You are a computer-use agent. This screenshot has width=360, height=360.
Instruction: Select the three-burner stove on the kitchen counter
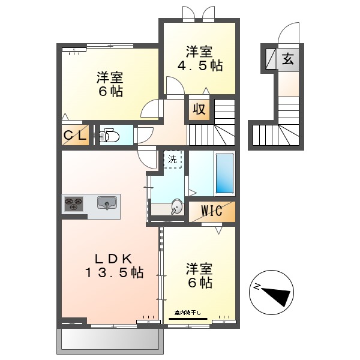pos(73,204)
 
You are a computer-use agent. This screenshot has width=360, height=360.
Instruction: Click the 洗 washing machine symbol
pos(173,160)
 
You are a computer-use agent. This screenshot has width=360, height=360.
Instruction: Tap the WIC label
pos(211,211)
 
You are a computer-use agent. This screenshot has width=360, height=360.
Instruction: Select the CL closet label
pos(76,136)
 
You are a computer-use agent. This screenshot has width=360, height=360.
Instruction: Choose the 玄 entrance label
pos(289,59)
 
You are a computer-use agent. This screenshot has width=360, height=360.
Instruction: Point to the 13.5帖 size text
pos(113,272)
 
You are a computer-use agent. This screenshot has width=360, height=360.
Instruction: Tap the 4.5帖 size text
pos(200,65)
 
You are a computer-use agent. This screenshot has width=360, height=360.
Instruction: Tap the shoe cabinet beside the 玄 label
pos(270,59)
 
